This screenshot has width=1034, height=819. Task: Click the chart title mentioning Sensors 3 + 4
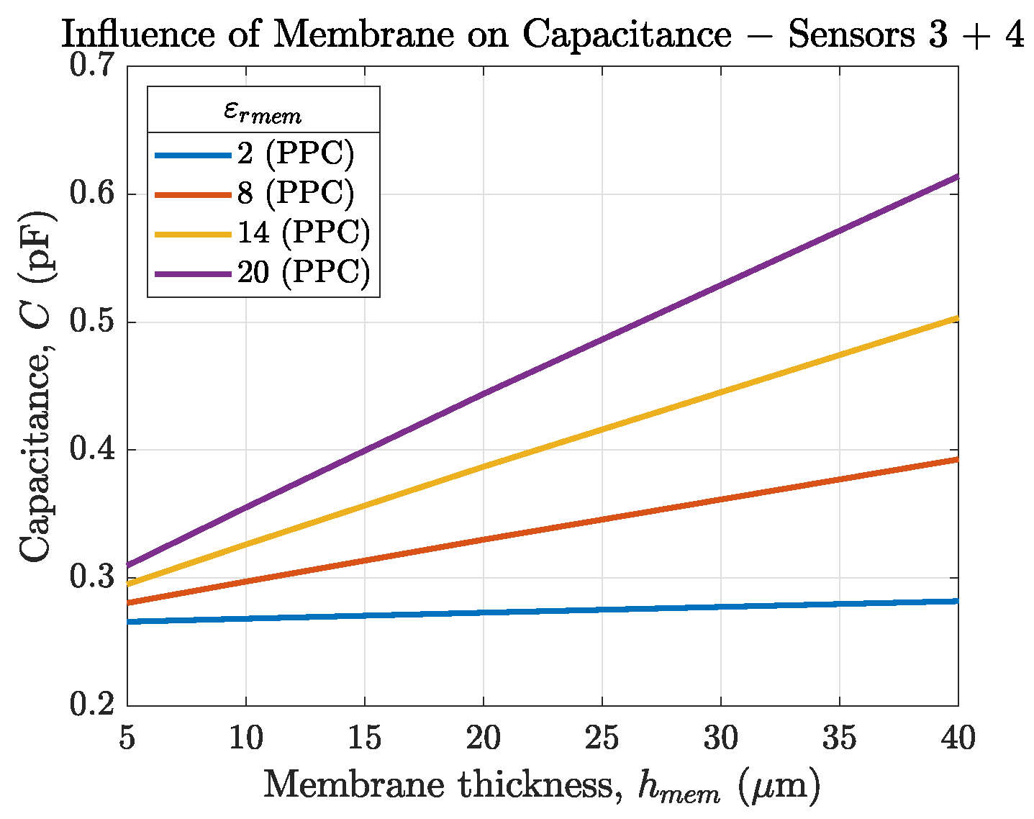tap(542, 35)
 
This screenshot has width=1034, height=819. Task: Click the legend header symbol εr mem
tap(263, 112)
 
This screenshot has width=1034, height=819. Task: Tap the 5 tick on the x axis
tap(127, 738)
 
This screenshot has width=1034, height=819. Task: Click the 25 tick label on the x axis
tap(602, 738)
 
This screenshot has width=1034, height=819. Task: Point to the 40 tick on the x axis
tap(958, 738)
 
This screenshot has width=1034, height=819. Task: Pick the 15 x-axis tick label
tap(365, 738)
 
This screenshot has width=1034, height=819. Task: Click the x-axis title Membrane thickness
tap(541, 786)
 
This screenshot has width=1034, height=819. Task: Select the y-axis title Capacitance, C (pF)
tap(36, 386)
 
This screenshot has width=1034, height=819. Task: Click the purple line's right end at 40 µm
tap(956, 177)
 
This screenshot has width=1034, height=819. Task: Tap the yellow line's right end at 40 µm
tap(956, 318)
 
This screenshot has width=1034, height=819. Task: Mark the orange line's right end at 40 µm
tap(956, 459)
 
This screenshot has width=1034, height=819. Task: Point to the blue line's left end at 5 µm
tap(130, 621)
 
